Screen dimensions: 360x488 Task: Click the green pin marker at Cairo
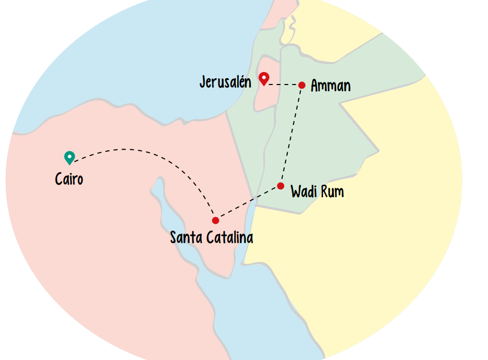point(69,157)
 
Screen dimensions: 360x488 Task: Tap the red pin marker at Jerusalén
point(264,78)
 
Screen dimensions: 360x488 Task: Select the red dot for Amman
point(301,85)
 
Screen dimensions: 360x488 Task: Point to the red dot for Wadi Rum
point(280,186)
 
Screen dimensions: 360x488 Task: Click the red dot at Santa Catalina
point(215,220)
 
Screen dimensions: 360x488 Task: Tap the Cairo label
point(69,179)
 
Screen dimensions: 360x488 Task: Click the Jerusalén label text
point(225,82)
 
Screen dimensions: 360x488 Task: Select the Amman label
point(331,86)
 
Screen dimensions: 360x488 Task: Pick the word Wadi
point(302,192)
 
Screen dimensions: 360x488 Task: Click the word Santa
point(187,238)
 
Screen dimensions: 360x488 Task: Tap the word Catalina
point(230,238)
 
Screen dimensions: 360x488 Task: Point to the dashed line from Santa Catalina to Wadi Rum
point(248,203)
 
